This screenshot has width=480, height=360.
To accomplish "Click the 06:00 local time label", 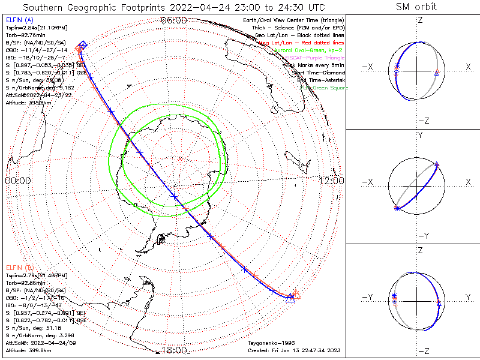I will click(x=174, y=20).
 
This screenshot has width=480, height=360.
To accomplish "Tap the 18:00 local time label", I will click(x=174, y=350).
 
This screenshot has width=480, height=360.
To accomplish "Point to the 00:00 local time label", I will click(x=18, y=180).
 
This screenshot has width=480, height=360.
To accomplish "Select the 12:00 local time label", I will click(x=332, y=180).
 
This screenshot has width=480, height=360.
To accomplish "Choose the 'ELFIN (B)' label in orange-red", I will click(x=20, y=266).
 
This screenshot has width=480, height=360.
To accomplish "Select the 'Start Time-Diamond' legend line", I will click(x=319, y=72).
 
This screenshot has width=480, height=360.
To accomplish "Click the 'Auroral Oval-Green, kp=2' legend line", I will click(x=317, y=50).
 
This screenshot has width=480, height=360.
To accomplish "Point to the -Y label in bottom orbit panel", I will click(x=371, y=297).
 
